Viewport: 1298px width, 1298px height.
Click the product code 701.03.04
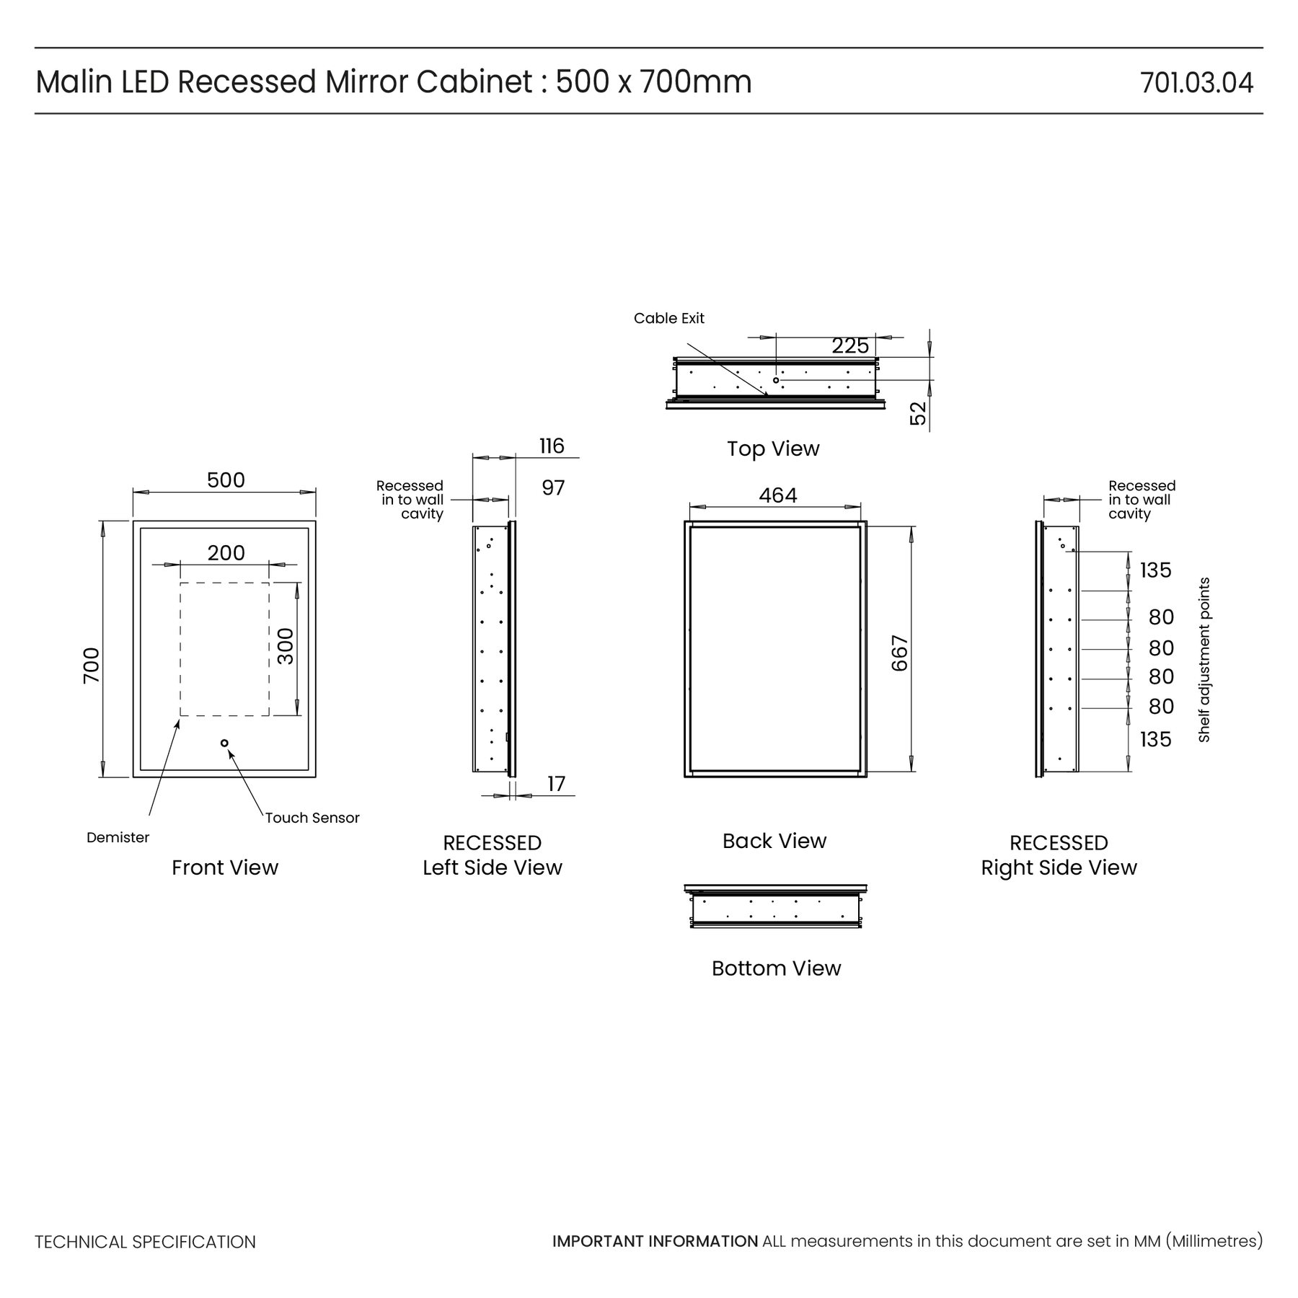[1196, 83]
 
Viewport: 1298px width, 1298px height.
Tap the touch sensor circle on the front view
[224, 743]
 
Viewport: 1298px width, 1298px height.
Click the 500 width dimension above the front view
[226, 480]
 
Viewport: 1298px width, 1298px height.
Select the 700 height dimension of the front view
[92, 666]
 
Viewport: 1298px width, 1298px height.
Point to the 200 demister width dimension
[226, 553]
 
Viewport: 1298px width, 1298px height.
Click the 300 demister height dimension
[286, 646]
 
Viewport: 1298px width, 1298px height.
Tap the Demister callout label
[118, 837]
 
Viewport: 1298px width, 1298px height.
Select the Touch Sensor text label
[312, 818]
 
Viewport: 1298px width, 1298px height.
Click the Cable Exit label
[669, 318]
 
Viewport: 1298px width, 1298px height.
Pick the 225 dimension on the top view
[850, 346]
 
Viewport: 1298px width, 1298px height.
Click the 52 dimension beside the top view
[918, 413]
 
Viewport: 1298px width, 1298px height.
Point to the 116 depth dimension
[552, 446]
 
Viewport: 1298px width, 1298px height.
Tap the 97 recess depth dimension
[553, 488]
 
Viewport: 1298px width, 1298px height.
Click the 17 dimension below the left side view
[556, 784]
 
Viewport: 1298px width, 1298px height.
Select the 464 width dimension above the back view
[778, 495]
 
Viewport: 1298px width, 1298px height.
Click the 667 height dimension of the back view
[900, 653]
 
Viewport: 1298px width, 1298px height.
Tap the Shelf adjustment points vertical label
[1204, 660]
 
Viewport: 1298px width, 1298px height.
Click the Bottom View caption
[776, 968]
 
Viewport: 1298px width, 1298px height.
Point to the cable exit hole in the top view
[776, 380]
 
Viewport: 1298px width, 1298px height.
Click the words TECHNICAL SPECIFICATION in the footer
[146, 1242]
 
